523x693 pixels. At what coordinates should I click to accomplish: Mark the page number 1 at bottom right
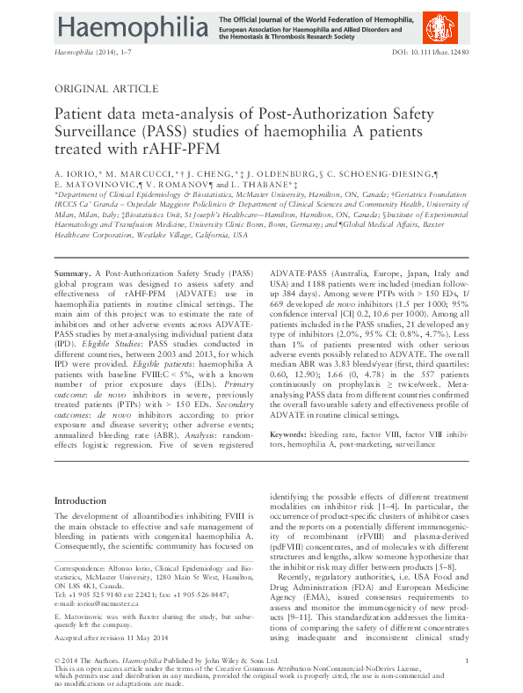[466, 660]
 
